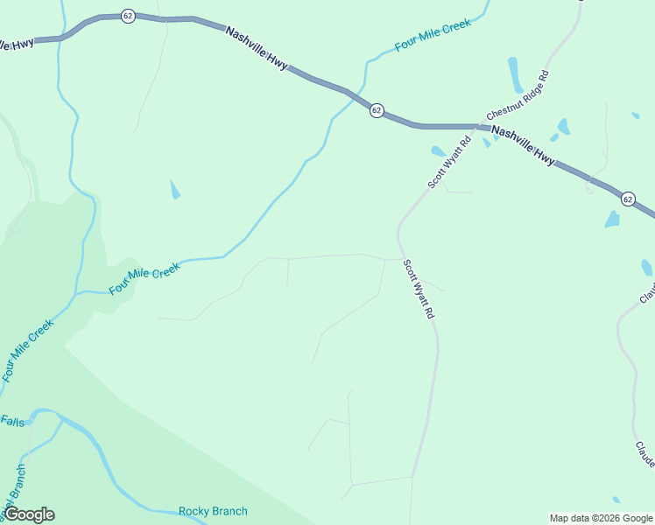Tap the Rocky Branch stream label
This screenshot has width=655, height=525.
point(213,511)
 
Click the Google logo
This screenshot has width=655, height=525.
point(29,514)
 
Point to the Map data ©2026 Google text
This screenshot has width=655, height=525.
point(601,518)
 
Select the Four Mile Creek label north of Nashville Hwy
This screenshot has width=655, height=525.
point(433,35)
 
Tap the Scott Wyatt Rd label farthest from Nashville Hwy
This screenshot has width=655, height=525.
point(419,288)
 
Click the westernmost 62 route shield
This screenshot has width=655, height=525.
point(128,17)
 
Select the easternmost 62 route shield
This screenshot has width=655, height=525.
point(628,199)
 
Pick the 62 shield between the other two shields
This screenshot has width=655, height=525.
point(376,110)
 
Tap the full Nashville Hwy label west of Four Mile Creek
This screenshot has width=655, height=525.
point(256,47)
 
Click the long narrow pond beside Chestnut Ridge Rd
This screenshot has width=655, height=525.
point(515,75)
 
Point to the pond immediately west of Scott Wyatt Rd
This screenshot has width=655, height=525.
point(438,151)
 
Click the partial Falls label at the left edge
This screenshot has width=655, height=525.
point(12,421)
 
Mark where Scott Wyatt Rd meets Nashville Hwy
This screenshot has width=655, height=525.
point(474,128)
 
